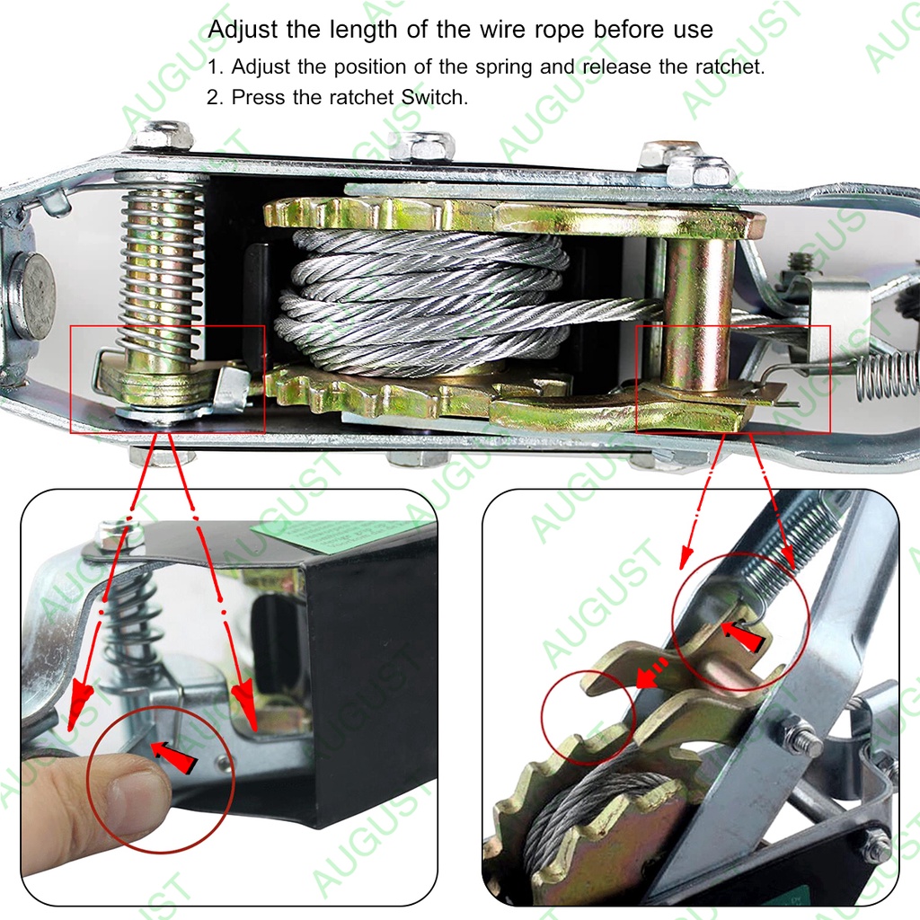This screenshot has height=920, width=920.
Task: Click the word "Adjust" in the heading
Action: point(243,30)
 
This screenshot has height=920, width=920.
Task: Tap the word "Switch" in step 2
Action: point(434,97)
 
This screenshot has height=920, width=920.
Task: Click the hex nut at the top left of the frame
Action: point(163,137)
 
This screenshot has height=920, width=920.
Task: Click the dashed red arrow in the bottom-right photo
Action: point(652,673)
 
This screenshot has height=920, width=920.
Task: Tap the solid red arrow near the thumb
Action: point(173,756)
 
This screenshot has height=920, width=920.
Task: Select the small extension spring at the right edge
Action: point(886,376)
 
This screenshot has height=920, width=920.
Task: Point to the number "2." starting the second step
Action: point(215,97)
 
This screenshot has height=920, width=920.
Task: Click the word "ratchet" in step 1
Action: point(728,66)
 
